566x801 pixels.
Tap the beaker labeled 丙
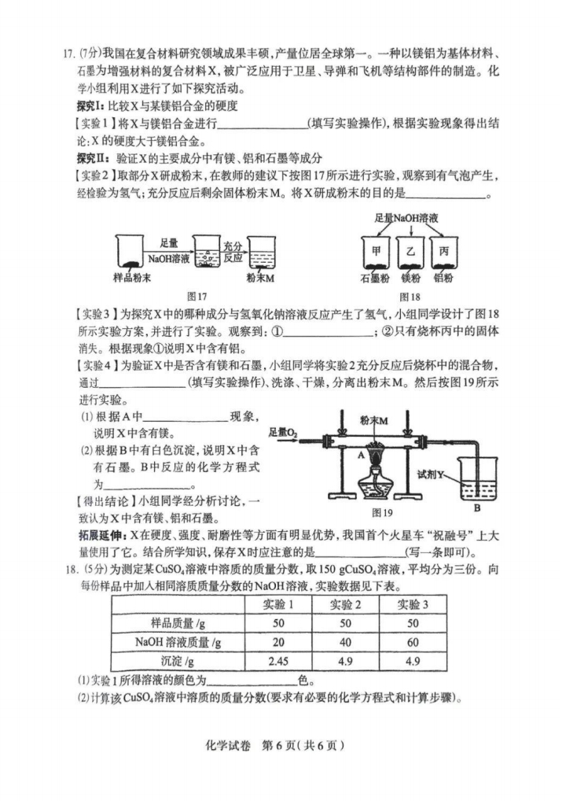(x=444, y=255)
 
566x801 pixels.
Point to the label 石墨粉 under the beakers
(x=374, y=278)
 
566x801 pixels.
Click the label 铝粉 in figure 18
(x=444, y=278)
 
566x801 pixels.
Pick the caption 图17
(x=196, y=296)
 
